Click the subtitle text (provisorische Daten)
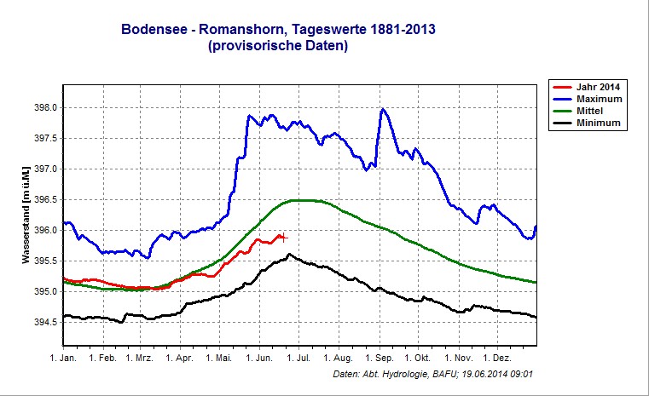click(277, 47)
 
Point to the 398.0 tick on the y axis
click(45, 108)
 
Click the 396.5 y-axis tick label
click(45, 200)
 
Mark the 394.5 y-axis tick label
click(45, 322)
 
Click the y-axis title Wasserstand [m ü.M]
click(26, 215)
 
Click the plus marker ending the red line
click(283, 238)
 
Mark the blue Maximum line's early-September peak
click(383, 109)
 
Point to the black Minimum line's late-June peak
click(290, 254)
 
